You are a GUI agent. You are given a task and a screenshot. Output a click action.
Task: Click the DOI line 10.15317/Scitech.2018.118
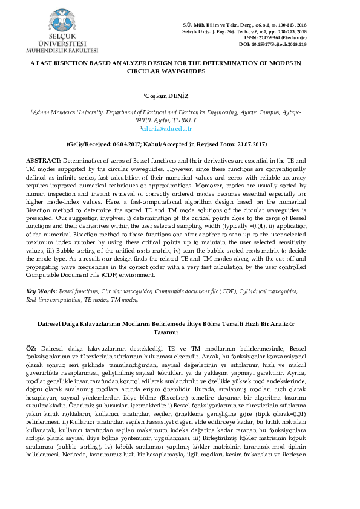(273, 44)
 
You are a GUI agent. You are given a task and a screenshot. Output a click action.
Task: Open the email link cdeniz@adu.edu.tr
(166, 128)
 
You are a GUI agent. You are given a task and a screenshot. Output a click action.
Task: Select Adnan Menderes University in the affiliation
(47, 112)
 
